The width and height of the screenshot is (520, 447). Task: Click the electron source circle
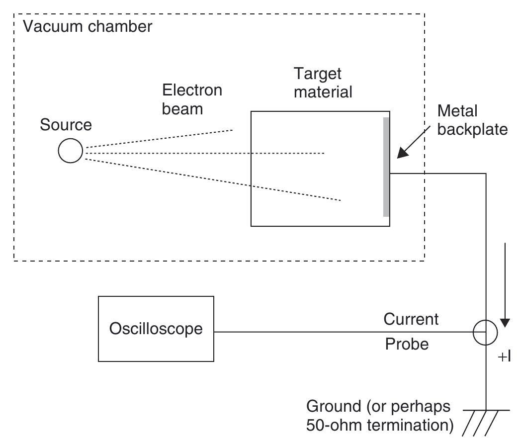[70, 151]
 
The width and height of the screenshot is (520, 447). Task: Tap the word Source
[66, 124]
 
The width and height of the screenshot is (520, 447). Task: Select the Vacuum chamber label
[88, 26]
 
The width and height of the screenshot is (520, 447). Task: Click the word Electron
[192, 90]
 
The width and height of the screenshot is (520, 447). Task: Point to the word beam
[182, 108]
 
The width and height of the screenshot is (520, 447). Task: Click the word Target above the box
[318, 74]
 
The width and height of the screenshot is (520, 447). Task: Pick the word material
[323, 91]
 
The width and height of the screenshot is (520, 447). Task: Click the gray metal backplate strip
[386, 167]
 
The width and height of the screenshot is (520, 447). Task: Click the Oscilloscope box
[156, 329]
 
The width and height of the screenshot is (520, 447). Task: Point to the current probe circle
[486, 332]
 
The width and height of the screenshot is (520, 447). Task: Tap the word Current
[411, 319]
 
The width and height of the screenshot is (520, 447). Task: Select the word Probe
[407, 344]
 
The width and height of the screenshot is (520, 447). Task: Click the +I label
[505, 357]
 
